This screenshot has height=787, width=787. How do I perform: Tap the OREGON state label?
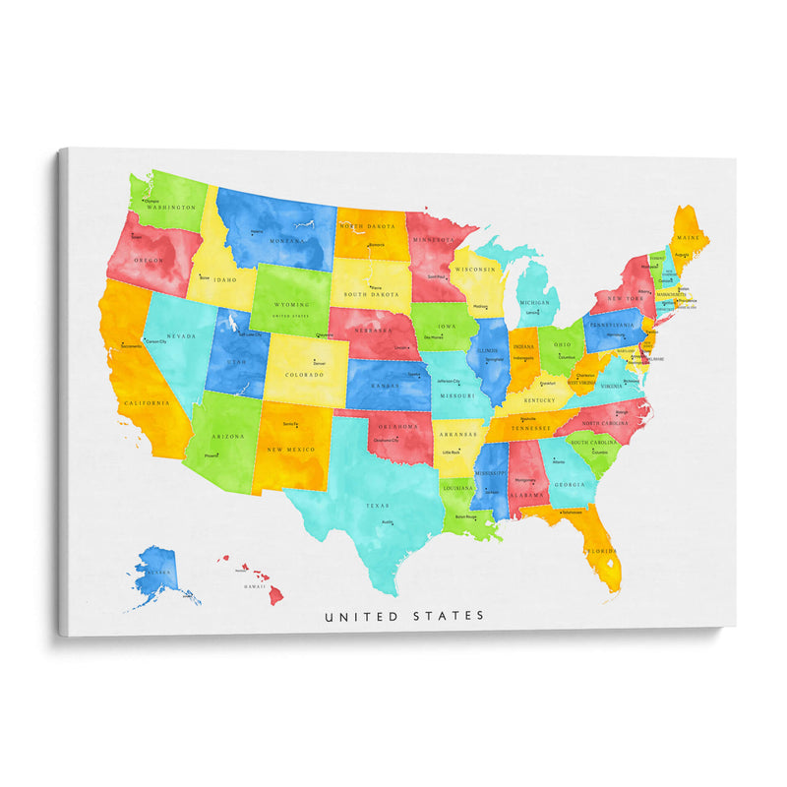pos(151,260)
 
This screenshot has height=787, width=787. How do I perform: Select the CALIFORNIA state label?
pos(147,402)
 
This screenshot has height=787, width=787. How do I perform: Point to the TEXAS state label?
pos(377,506)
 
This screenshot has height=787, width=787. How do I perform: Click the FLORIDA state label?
pos(601,551)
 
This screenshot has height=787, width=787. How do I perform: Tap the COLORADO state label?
pos(304,375)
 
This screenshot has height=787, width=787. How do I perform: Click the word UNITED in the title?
pos(361,616)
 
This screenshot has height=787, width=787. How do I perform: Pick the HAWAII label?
pos(255,586)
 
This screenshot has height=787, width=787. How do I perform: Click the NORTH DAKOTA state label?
pos(366,226)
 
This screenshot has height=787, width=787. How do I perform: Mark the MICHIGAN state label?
pos(535,302)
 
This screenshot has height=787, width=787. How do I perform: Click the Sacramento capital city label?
pos(131,346)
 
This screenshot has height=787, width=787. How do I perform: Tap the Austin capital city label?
pos(388,522)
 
